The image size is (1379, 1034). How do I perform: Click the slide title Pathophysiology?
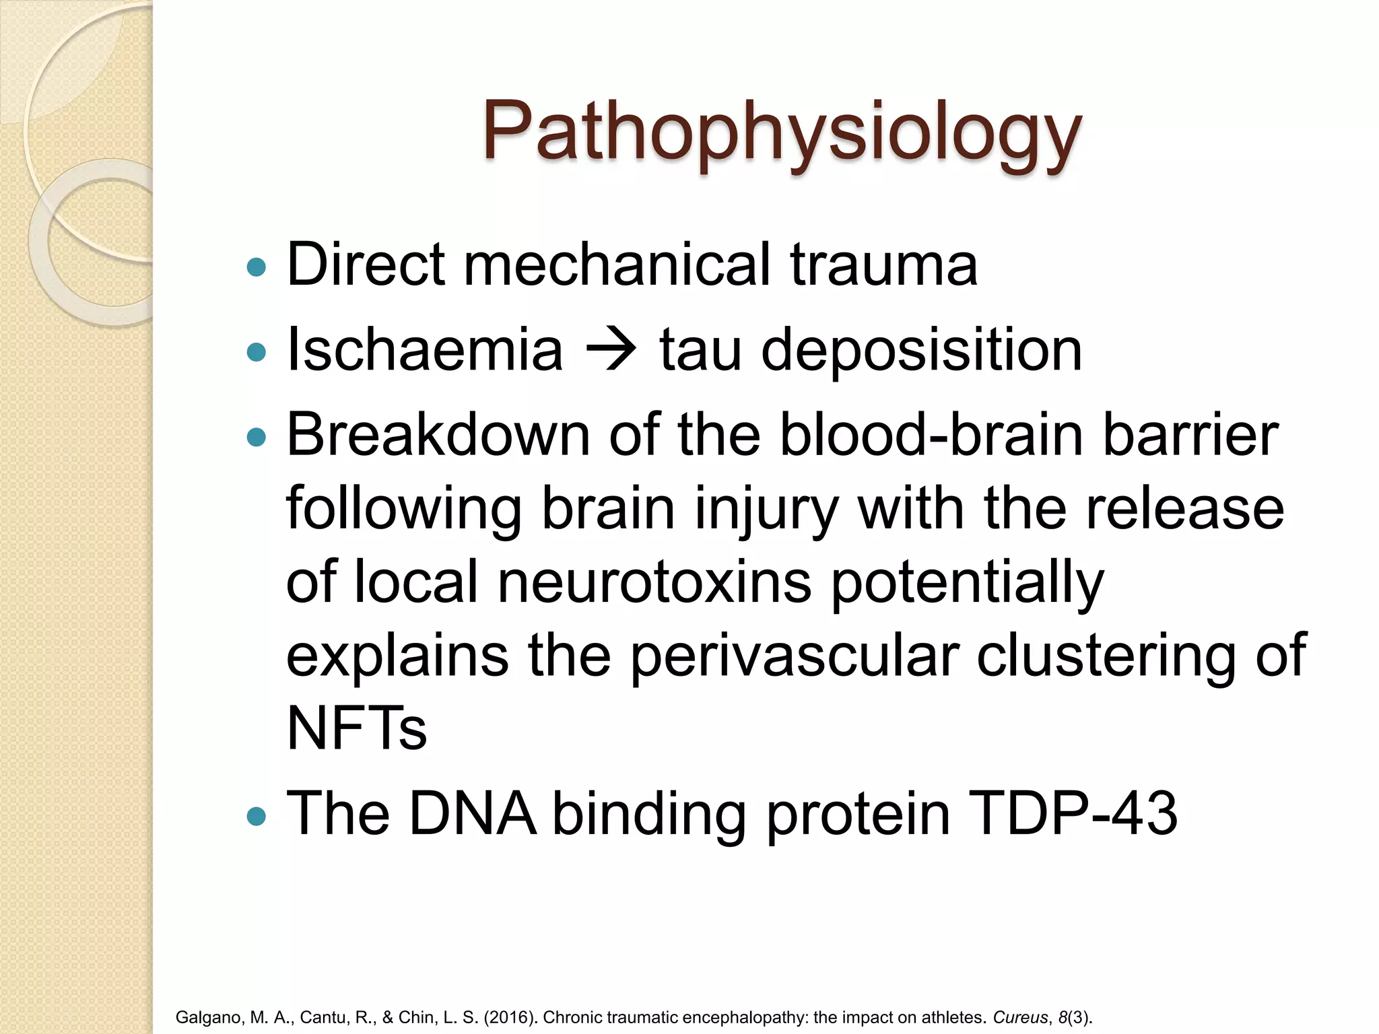click(781, 131)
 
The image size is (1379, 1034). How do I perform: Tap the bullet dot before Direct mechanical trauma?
click(257, 267)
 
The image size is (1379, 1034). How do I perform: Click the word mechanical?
click(616, 265)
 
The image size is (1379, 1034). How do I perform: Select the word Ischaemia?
click(424, 350)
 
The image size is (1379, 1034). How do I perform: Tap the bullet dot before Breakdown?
click(257, 438)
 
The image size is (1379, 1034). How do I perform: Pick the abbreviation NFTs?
click(356, 728)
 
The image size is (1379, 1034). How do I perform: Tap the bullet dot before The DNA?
click(257, 817)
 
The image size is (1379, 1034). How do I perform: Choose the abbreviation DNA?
click(473, 815)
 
